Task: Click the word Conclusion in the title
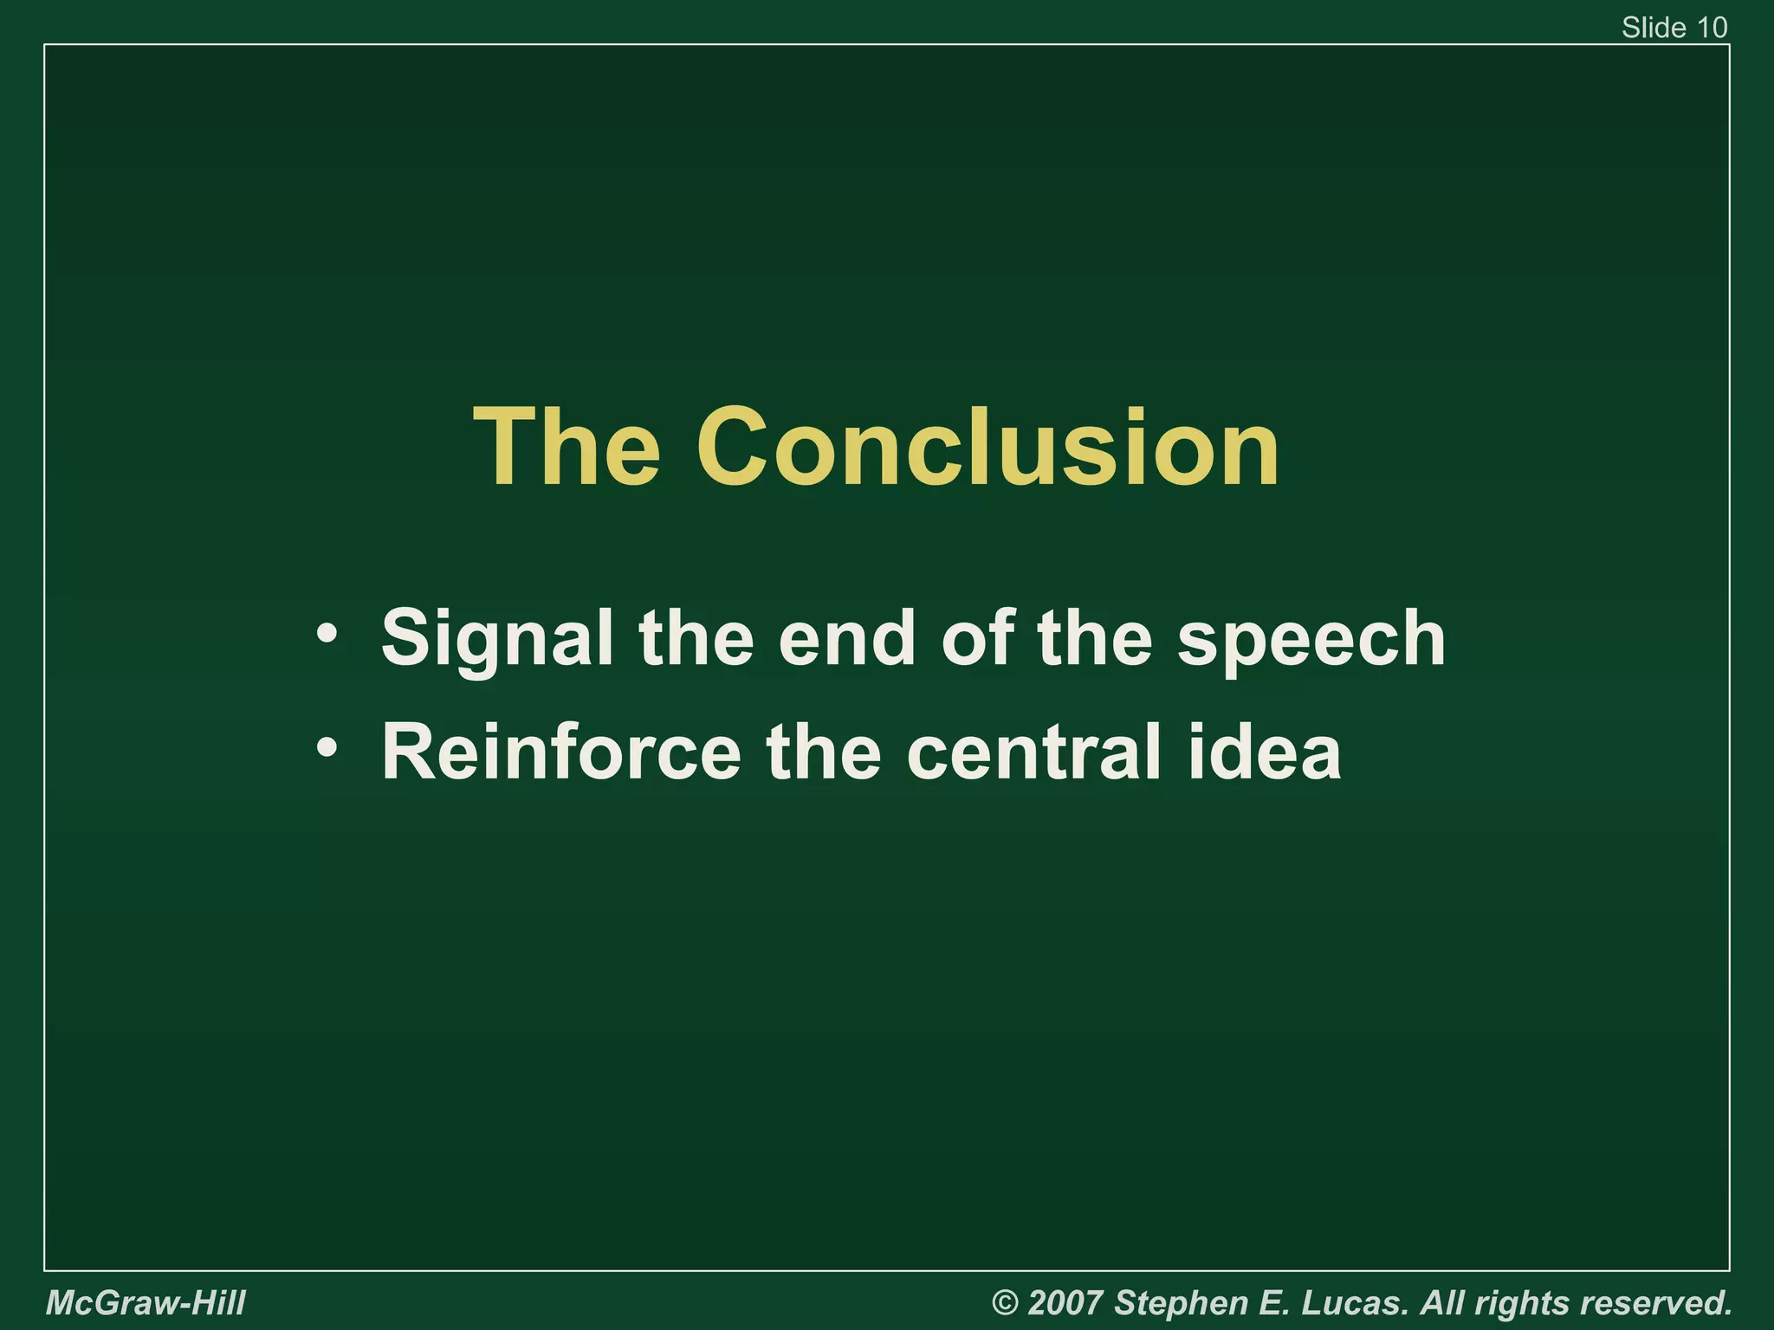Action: coord(987,449)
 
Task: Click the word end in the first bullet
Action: coord(846,638)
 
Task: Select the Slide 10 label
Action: coord(1674,28)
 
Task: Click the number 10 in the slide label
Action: coord(1712,28)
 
